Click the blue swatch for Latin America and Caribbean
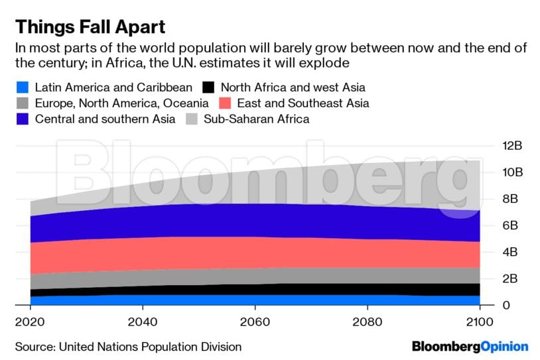click(x=22, y=87)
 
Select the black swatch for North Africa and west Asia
click(x=208, y=87)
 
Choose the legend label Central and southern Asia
click(x=105, y=119)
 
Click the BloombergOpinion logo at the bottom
click(x=470, y=346)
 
